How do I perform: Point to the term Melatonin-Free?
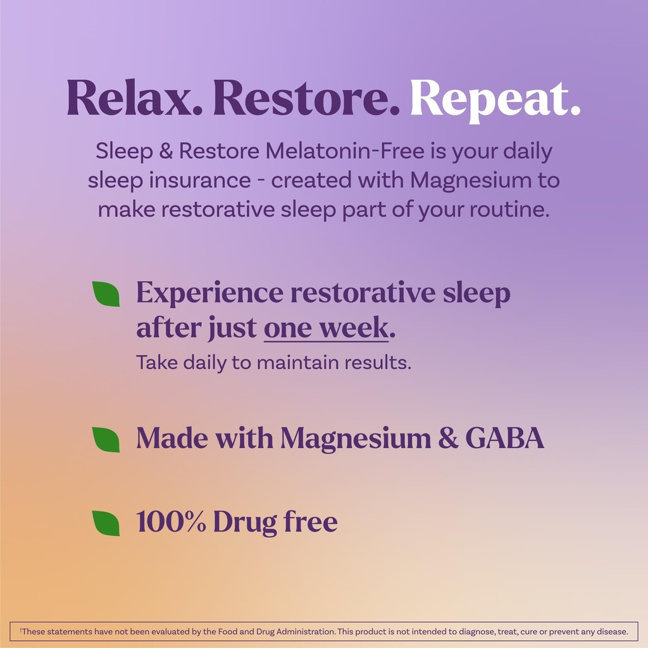pos(342,152)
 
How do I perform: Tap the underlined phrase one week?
pos(325,328)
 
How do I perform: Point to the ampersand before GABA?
pos(448,439)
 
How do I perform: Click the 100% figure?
pos(171,522)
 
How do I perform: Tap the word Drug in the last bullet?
pos(241,523)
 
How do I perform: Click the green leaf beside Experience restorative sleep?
pos(106,294)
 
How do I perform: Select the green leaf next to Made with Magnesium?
pos(106,439)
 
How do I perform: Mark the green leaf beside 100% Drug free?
pos(106,523)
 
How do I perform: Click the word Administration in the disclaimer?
pos(302,632)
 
